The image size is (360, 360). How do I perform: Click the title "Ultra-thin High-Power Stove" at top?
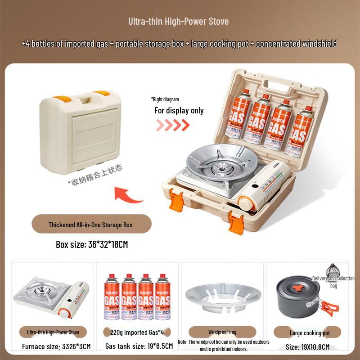click(x=179, y=21)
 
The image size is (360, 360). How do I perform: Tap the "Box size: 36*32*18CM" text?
click(x=92, y=245)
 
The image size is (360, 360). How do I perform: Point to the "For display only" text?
click(x=179, y=110)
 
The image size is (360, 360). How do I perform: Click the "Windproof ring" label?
click(x=223, y=333)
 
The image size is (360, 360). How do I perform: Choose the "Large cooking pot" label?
click(x=310, y=333)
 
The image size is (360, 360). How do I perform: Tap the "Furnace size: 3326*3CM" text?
click(x=56, y=347)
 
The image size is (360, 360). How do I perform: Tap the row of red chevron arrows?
click(x=173, y=125)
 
